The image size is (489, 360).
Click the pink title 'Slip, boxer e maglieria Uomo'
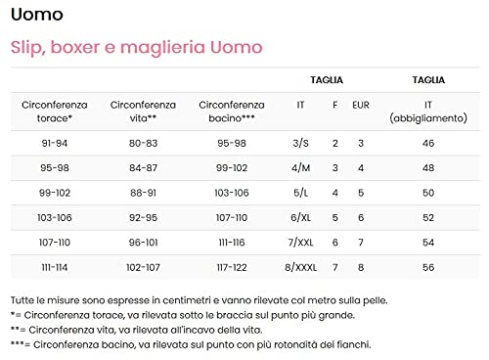coord(136,47)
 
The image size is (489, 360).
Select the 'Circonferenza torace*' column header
coord(55,110)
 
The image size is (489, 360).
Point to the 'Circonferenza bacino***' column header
coord(231,110)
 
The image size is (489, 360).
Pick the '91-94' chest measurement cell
coord(55,144)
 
